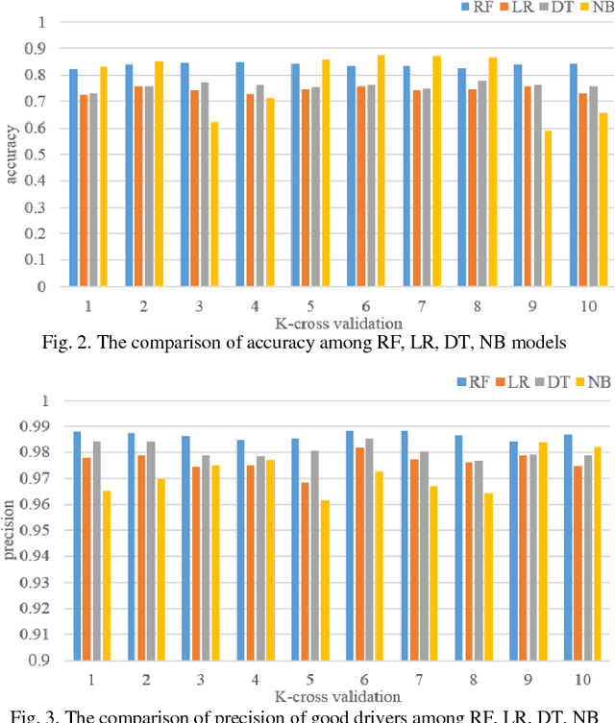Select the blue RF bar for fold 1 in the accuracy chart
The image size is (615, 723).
pos(73,178)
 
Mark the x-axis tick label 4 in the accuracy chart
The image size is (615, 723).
pos(255,305)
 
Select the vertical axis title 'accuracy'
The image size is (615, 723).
pos(12,155)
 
